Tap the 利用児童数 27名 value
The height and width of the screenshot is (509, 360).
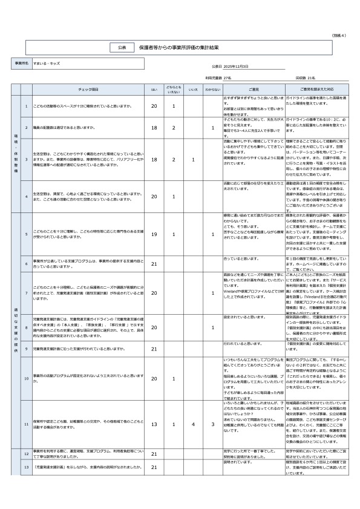218,78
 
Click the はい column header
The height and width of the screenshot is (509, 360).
154,89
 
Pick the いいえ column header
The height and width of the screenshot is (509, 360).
193,89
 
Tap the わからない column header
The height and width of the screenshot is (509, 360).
212,89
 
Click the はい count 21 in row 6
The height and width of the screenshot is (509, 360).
154,263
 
